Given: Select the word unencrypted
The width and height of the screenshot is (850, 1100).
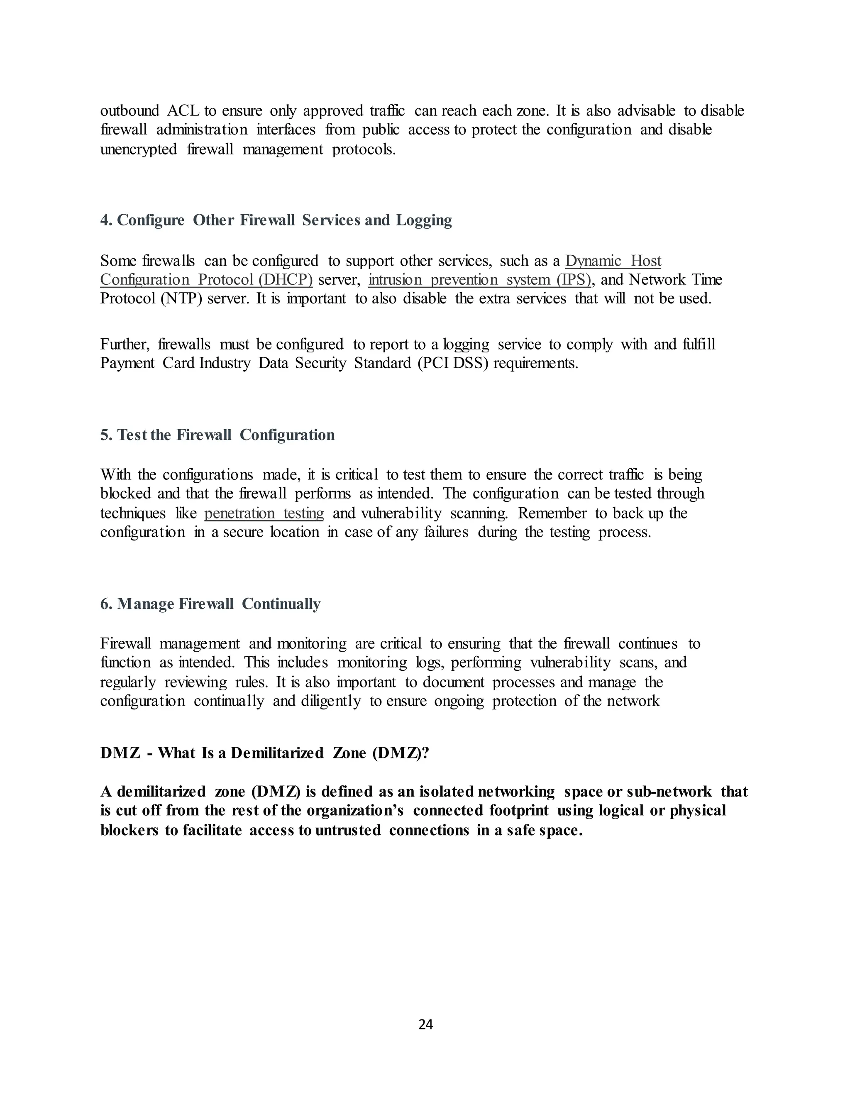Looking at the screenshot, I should click(139, 149).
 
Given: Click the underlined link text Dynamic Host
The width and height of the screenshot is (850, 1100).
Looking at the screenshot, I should click(613, 261).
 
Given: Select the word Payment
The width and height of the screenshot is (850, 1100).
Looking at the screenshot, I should click(127, 363).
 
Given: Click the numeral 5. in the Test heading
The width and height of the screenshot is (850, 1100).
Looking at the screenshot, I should click(106, 435).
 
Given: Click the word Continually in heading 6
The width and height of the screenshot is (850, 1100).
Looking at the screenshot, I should click(281, 604).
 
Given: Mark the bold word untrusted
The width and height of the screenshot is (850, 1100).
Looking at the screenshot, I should click(348, 830).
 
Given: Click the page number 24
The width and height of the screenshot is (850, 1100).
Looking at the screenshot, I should click(425, 1024).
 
